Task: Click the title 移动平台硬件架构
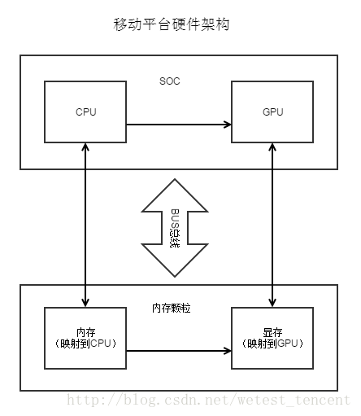point(172,25)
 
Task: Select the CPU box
point(85,112)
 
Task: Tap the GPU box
point(272,112)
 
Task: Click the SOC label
point(171,81)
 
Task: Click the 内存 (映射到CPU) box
point(85,338)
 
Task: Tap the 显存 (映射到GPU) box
point(272,338)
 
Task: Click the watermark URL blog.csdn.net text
point(207,401)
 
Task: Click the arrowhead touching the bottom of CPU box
point(85,147)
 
